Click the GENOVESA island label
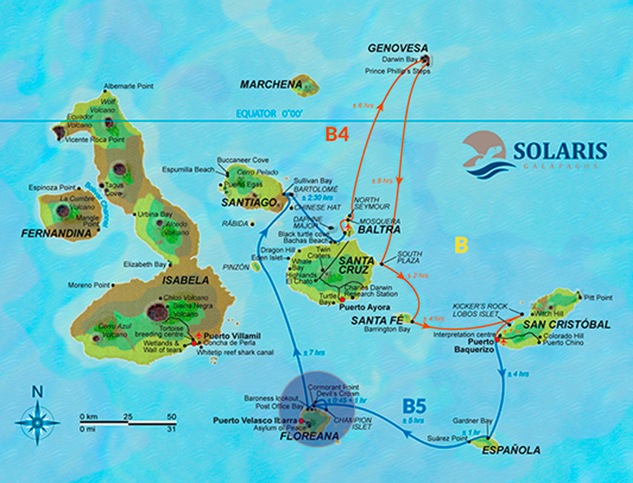click(x=398, y=48)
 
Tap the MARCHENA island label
click(x=271, y=84)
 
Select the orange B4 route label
click(x=337, y=135)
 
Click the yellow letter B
click(x=461, y=246)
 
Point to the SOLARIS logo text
click(x=560, y=151)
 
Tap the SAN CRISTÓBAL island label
click(x=566, y=324)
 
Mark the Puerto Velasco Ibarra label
click(x=255, y=420)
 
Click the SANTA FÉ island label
click(x=377, y=320)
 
